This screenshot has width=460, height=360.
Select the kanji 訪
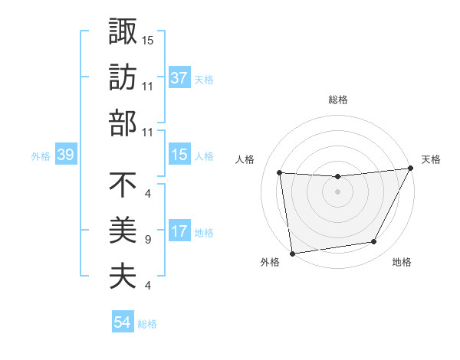[123, 77]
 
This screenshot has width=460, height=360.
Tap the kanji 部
[123, 123]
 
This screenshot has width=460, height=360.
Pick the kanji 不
[123, 185]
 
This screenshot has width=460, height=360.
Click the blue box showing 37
[179, 77]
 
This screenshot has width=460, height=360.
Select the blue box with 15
[179, 155]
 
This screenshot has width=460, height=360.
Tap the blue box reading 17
[179, 231]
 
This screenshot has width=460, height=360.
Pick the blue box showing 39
[65, 155]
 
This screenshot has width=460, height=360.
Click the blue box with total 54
[122, 323]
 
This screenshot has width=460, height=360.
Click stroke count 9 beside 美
[147, 240]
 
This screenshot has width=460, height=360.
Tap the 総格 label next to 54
[147, 324]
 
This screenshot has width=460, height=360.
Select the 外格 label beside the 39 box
[41, 156]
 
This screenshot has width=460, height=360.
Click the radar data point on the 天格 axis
[410, 169]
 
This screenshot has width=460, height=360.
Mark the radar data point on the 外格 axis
[292, 254]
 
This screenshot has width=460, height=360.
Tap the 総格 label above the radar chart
[337, 100]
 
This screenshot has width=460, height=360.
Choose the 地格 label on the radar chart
[401, 263]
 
